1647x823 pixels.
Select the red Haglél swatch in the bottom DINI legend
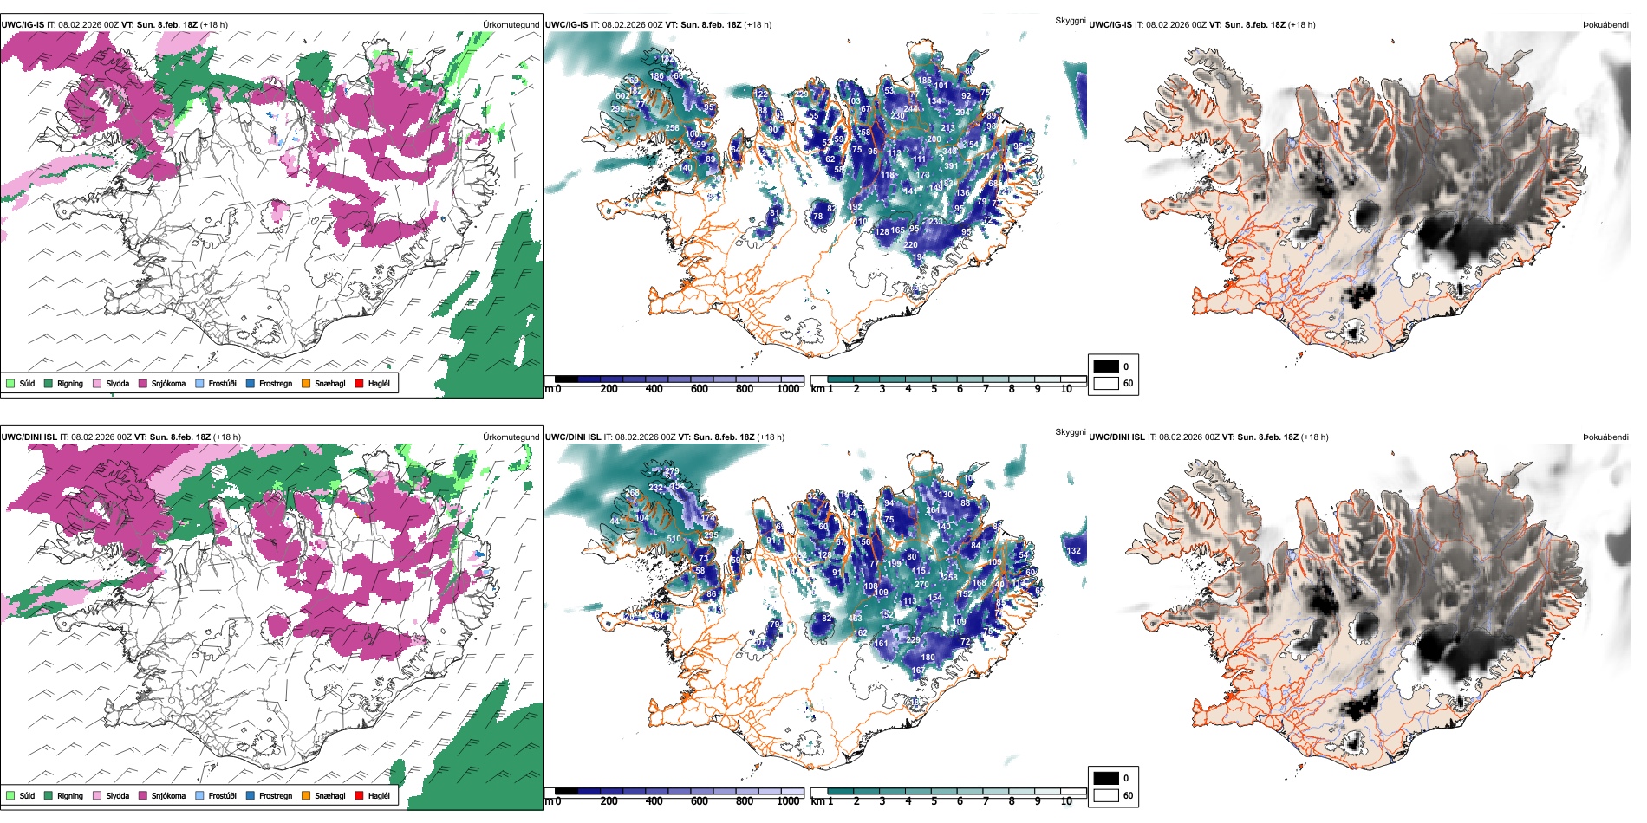click(x=359, y=795)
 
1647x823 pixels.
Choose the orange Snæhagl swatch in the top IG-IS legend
click(x=306, y=383)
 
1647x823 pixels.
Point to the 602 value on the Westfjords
click(x=622, y=96)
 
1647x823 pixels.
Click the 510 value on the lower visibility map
click(x=674, y=539)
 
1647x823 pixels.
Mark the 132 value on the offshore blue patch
click(x=1074, y=551)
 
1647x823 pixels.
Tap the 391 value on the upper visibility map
click(x=951, y=166)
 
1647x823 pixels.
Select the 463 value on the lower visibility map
click(x=855, y=619)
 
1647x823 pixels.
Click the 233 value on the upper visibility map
click(x=935, y=222)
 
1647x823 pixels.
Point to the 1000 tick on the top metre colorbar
click(x=788, y=389)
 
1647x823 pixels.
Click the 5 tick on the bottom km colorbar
click(x=934, y=801)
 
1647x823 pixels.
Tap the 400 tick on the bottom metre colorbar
click(x=654, y=801)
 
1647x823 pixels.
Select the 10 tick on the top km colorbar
click(x=1066, y=389)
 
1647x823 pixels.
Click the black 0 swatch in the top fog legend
click(x=1106, y=366)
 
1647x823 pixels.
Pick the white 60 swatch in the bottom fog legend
click(x=1106, y=795)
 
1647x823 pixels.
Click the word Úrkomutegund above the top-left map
click(x=511, y=25)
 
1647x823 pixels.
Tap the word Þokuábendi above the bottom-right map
click(x=1605, y=437)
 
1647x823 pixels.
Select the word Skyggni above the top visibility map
click(x=1070, y=20)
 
